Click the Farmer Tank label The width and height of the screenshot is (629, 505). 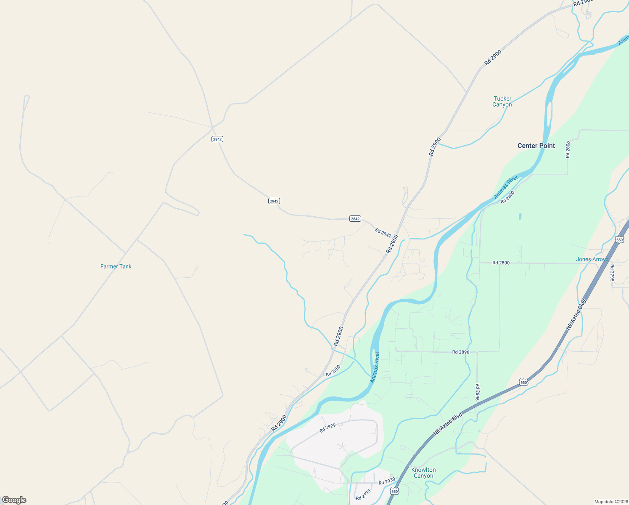pyautogui.click(x=116, y=266)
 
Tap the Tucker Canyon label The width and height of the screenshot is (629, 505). pyautogui.click(x=502, y=101)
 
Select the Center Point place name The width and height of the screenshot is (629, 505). pyautogui.click(x=536, y=146)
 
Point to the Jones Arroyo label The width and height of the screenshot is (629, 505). pyautogui.click(x=592, y=259)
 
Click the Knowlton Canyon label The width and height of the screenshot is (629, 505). pyautogui.click(x=423, y=473)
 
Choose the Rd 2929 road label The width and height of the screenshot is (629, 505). pyautogui.click(x=328, y=428)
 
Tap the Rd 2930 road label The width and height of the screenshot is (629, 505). pyautogui.click(x=387, y=481)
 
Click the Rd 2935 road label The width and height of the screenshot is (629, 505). pyautogui.click(x=363, y=495)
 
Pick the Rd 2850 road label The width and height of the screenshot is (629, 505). pyautogui.click(x=333, y=371)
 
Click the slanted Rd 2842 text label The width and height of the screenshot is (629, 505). pyautogui.click(x=383, y=233)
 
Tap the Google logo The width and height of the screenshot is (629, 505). pyautogui.click(x=14, y=500)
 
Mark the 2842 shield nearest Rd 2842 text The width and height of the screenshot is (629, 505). pyautogui.click(x=355, y=219)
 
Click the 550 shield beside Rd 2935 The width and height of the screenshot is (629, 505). pyautogui.click(x=394, y=491)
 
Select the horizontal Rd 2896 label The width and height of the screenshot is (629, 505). pyautogui.click(x=461, y=352)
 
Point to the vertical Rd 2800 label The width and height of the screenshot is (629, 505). pyautogui.click(x=568, y=149)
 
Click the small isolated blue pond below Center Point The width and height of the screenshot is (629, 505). pyautogui.click(x=520, y=216)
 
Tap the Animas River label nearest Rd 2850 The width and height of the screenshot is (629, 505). pyautogui.click(x=375, y=367)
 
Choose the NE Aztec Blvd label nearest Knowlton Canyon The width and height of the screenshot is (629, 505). pyautogui.click(x=448, y=424)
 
